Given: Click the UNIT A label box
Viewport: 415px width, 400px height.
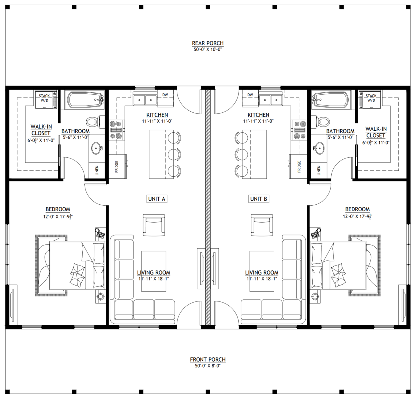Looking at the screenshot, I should click(x=157, y=199).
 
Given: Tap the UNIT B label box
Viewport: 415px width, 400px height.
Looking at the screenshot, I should click(x=258, y=199).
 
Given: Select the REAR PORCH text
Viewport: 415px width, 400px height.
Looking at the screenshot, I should click(x=207, y=43).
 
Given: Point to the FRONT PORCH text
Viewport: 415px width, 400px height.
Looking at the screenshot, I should click(x=207, y=360).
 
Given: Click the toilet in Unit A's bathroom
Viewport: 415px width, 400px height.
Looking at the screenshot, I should click(x=94, y=121).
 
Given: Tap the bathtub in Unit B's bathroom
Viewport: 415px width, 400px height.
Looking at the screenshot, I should click(x=331, y=100).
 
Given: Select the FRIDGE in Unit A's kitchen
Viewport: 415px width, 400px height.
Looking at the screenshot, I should click(x=117, y=166).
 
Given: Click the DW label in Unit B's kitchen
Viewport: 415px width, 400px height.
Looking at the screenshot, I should click(x=250, y=95).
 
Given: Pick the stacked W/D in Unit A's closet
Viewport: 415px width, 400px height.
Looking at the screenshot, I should click(x=45, y=100).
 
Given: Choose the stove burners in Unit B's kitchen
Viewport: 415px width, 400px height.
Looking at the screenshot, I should click(x=299, y=130).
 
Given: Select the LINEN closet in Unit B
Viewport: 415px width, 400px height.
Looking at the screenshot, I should click(x=319, y=170).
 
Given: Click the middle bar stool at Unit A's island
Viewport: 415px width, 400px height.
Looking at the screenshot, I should click(x=174, y=154).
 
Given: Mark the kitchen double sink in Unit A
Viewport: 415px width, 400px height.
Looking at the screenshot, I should click(x=145, y=100).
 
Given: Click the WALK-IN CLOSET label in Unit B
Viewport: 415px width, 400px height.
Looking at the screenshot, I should click(x=376, y=132).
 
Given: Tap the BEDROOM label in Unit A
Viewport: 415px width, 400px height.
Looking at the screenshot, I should click(x=58, y=209).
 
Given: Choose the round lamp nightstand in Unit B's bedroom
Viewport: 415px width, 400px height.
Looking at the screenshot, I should click(x=315, y=296).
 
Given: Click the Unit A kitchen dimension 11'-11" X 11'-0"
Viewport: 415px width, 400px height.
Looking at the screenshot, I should click(x=157, y=121).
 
